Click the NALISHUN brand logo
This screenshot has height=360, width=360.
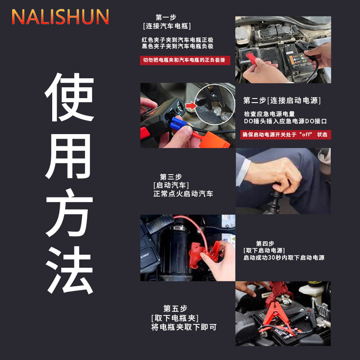point(60,17)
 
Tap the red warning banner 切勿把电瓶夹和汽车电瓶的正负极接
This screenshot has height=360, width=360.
point(184,60)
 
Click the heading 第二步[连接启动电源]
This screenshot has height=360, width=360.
point(282,100)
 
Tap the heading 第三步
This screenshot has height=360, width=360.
point(171,176)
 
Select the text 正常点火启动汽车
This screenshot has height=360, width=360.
point(183,194)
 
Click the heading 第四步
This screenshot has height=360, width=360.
point(265,243)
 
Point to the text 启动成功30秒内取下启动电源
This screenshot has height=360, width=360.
point(283,258)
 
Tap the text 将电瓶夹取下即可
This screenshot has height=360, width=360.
point(184,327)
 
